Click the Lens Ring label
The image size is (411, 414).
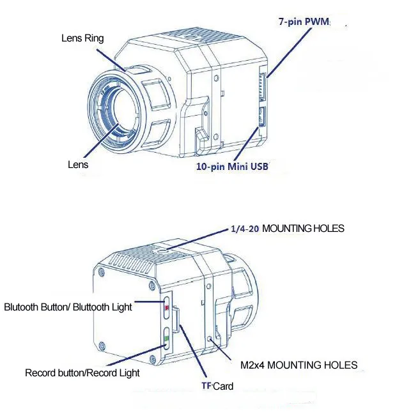click(82, 38)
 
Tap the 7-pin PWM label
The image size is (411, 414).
click(304, 21)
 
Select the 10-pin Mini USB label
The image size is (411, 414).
click(232, 166)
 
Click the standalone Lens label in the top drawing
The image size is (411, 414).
click(78, 164)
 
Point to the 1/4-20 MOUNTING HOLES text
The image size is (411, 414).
click(288, 228)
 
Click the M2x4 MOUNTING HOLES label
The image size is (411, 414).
click(299, 365)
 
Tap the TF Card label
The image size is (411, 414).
click(217, 386)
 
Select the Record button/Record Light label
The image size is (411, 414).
click(82, 373)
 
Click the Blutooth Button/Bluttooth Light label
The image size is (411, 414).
click(68, 307)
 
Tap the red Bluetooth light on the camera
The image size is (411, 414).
click(167, 307)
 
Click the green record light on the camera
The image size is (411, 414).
click(166, 338)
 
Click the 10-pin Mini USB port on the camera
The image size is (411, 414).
click(262, 116)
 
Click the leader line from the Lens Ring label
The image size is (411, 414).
click(111, 60)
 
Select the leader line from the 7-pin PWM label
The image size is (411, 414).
click(289, 52)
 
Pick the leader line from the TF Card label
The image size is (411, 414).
click(193, 351)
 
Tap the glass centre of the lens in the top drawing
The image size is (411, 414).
click(123, 108)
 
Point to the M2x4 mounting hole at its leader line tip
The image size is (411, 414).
click(210, 339)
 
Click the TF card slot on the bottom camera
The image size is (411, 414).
click(176, 319)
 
